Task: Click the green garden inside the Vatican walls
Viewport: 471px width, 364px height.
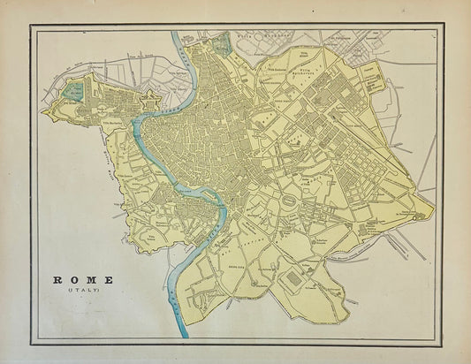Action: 75,89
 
